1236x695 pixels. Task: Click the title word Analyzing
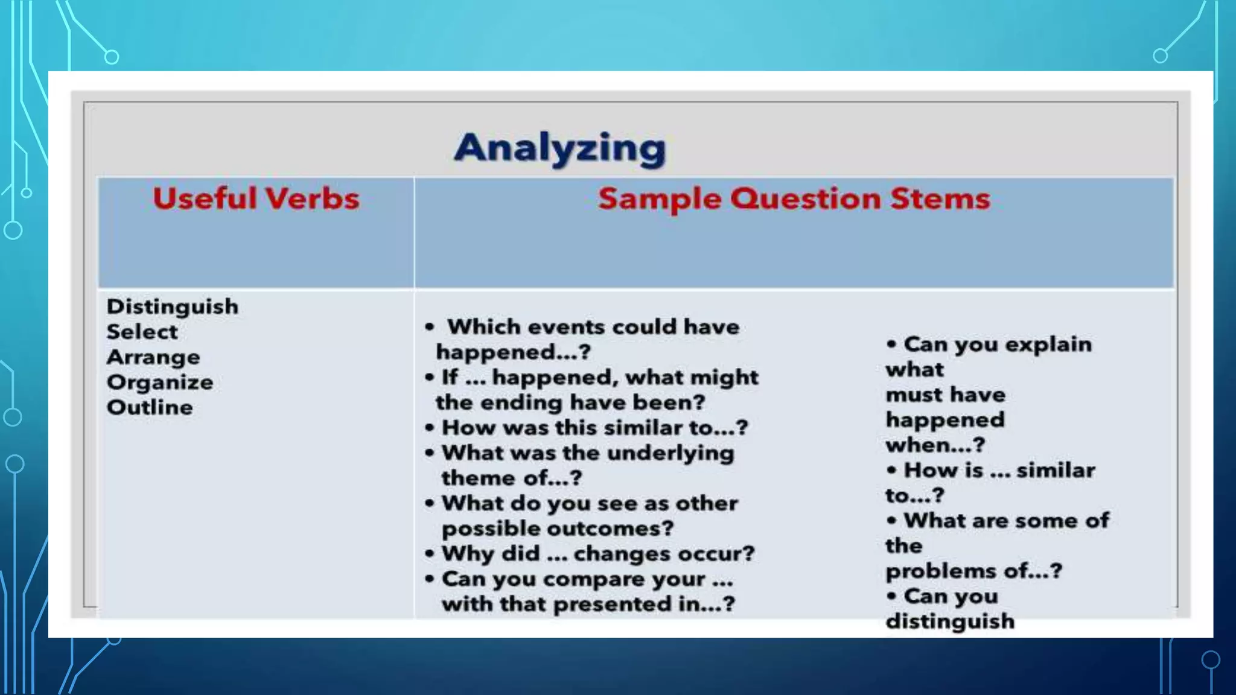click(x=559, y=148)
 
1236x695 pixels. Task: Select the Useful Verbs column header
click(x=256, y=198)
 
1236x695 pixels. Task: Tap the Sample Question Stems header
click(x=794, y=198)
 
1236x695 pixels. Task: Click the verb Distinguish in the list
click(x=173, y=306)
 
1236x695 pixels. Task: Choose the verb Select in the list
click(x=142, y=332)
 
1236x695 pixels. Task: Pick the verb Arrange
click(x=153, y=357)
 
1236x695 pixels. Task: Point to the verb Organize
click(x=160, y=382)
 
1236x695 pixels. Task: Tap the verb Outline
click(x=150, y=408)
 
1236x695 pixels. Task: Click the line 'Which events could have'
click(x=593, y=327)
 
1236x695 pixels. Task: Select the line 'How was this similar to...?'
click(x=594, y=428)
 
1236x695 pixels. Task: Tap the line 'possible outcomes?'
click(x=557, y=528)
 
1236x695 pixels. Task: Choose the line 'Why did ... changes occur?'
click(x=597, y=554)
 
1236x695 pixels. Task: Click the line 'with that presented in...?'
click(x=588, y=604)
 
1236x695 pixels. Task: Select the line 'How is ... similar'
click(x=999, y=471)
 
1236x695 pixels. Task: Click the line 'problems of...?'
click(x=973, y=571)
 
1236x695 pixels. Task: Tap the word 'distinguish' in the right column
click(x=950, y=621)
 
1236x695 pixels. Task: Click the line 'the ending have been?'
click(x=570, y=402)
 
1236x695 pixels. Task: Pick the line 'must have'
click(x=945, y=395)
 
